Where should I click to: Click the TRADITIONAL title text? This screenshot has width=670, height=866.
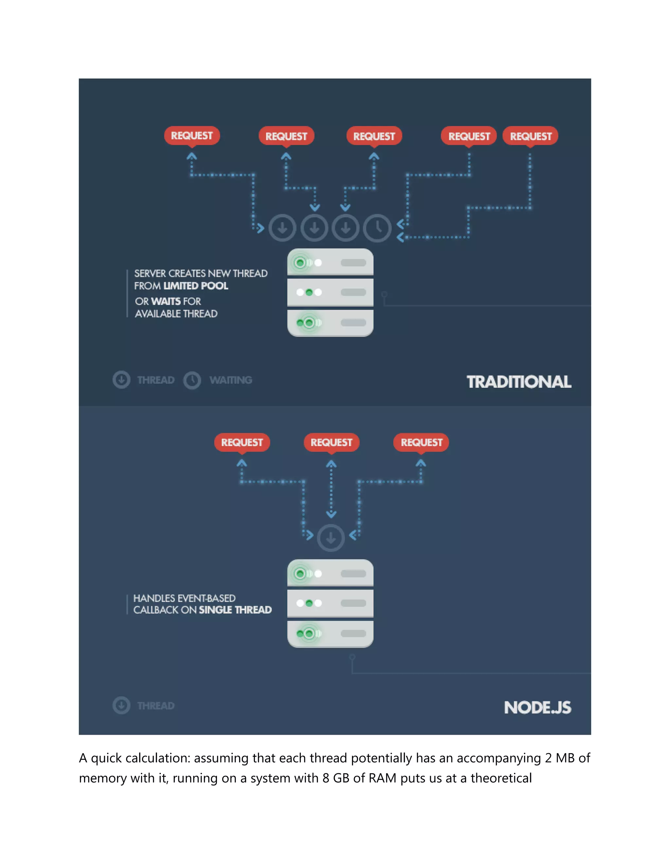tap(519, 382)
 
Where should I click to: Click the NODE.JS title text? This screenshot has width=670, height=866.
tap(538, 708)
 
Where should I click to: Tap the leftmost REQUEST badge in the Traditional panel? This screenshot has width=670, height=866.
tap(192, 136)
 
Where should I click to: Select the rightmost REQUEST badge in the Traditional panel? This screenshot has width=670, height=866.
tap(530, 136)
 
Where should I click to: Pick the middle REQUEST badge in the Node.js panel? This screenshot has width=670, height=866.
tap(331, 442)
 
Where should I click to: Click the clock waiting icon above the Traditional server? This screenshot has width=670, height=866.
tap(378, 228)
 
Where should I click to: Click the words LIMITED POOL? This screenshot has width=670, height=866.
tap(196, 286)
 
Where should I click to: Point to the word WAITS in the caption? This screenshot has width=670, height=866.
tap(166, 301)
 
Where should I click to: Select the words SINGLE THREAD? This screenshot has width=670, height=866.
tap(235, 610)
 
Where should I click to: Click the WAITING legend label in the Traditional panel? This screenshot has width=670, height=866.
tap(231, 380)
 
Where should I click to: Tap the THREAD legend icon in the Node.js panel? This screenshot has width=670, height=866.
tap(121, 706)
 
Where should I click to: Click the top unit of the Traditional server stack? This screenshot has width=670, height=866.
tap(330, 262)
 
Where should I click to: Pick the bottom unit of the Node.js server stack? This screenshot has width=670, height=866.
tap(330, 633)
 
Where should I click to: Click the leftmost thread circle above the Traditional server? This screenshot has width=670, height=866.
tap(282, 228)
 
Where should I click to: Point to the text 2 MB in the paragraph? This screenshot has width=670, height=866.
tap(560, 758)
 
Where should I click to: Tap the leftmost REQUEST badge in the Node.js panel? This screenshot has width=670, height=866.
tap(242, 442)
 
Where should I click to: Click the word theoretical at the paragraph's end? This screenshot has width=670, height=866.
tap(501, 778)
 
